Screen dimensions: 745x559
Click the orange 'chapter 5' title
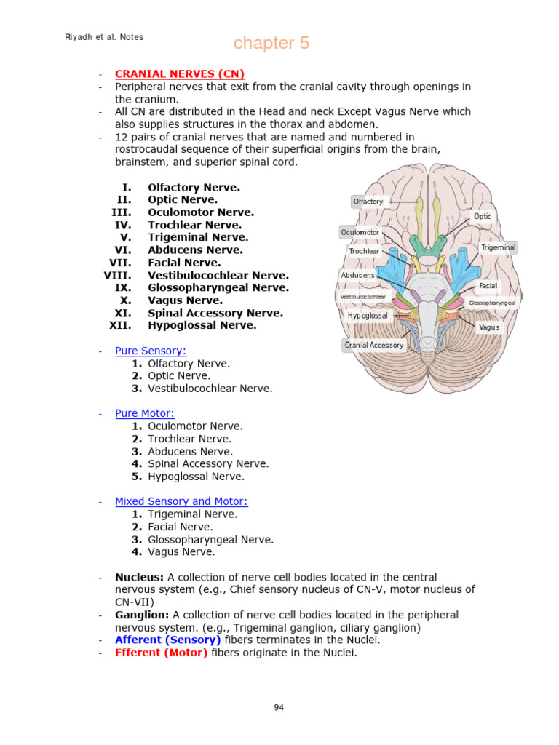point(271,44)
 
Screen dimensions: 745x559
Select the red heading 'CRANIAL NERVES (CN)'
point(179,74)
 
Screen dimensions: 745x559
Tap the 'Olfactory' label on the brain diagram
point(368,202)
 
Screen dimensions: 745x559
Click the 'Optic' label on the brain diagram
point(483,217)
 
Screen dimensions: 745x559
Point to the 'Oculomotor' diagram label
point(360,232)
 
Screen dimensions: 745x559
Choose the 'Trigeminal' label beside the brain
point(499,247)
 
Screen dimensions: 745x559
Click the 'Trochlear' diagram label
point(364,251)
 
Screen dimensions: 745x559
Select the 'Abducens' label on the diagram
point(357,275)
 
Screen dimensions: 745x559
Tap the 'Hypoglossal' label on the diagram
point(368,316)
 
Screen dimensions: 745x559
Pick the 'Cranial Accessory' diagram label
point(373,345)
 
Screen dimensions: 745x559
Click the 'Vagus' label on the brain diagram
point(489,327)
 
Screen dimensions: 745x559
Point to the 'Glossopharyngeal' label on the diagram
point(492,303)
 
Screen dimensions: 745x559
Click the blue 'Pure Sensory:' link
point(151,351)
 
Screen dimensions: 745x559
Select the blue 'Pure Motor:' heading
point(145,414)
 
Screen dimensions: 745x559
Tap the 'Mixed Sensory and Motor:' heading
point(181,501)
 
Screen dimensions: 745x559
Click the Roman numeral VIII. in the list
point(118,276)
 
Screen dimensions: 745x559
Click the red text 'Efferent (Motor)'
point(161,653)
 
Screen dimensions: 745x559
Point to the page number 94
point(279,707)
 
